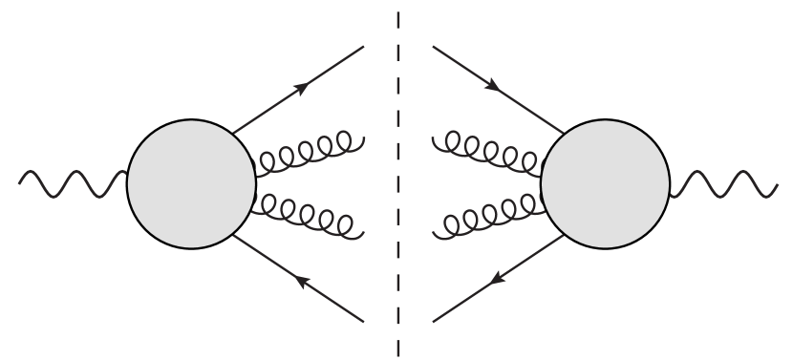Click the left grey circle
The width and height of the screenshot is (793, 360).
click(x=191, y=182)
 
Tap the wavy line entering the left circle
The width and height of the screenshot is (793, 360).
click(x=72, y=181)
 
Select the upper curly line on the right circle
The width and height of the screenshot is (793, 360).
click(x=487, y=151)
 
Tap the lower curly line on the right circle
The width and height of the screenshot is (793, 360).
click(x=487, y=218)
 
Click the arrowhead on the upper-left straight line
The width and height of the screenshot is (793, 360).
click(x=302, y=87)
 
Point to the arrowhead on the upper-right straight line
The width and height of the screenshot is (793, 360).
click(x=494, y=86)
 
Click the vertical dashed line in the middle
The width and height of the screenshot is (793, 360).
click(x=397, y=181)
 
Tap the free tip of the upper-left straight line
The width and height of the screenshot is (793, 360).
click(x=364, y=46)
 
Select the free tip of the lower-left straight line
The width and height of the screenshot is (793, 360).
click(x=364, y=321)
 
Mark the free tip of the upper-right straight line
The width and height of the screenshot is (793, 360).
click(x=433, y=46)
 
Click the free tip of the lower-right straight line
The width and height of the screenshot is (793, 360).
click(x=433, y=321)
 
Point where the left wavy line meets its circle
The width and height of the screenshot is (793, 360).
click(x=127, y=175)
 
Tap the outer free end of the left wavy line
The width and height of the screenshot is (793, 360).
click(x=20, y=178)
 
